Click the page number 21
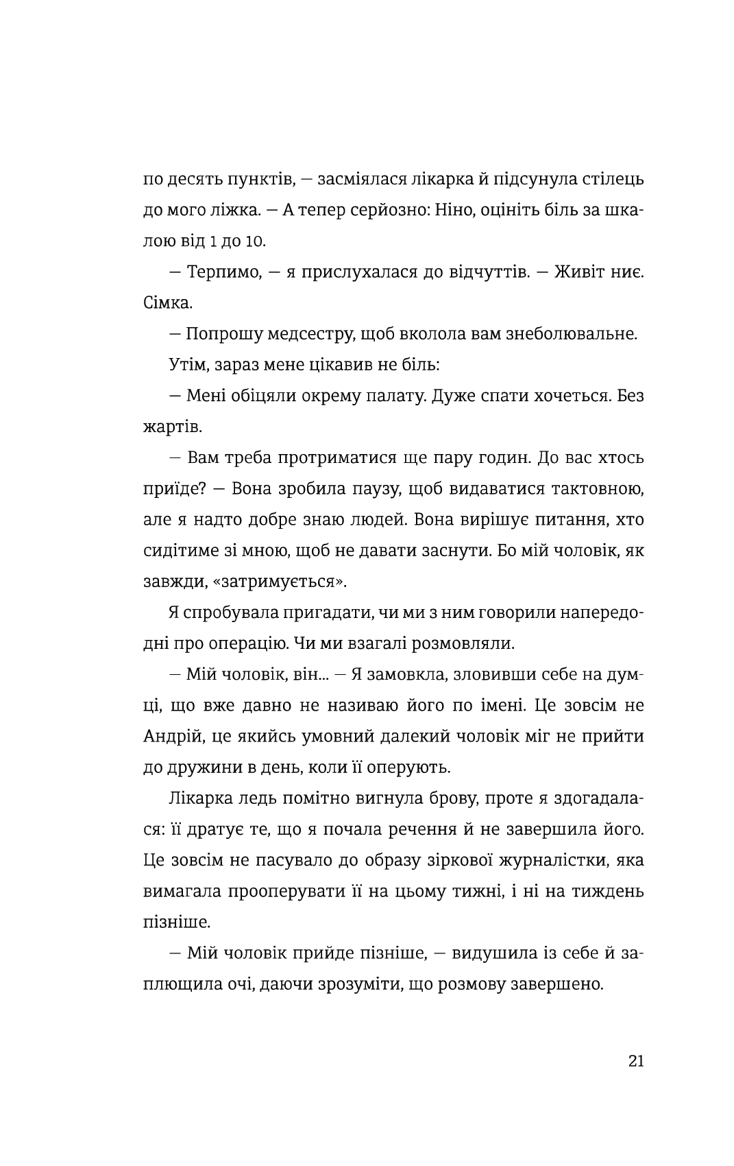coord(635,1061)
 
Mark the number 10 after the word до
coord(256,242)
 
